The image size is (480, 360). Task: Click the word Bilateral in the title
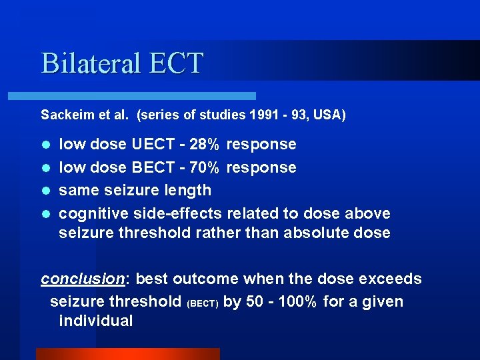pos(91,63)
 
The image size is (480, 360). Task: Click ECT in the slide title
pos(177,63)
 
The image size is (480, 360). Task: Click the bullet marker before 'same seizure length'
pos(45,191)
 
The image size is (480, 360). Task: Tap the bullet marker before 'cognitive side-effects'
pos(45,214)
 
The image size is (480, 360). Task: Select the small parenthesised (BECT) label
pos(203,303)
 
